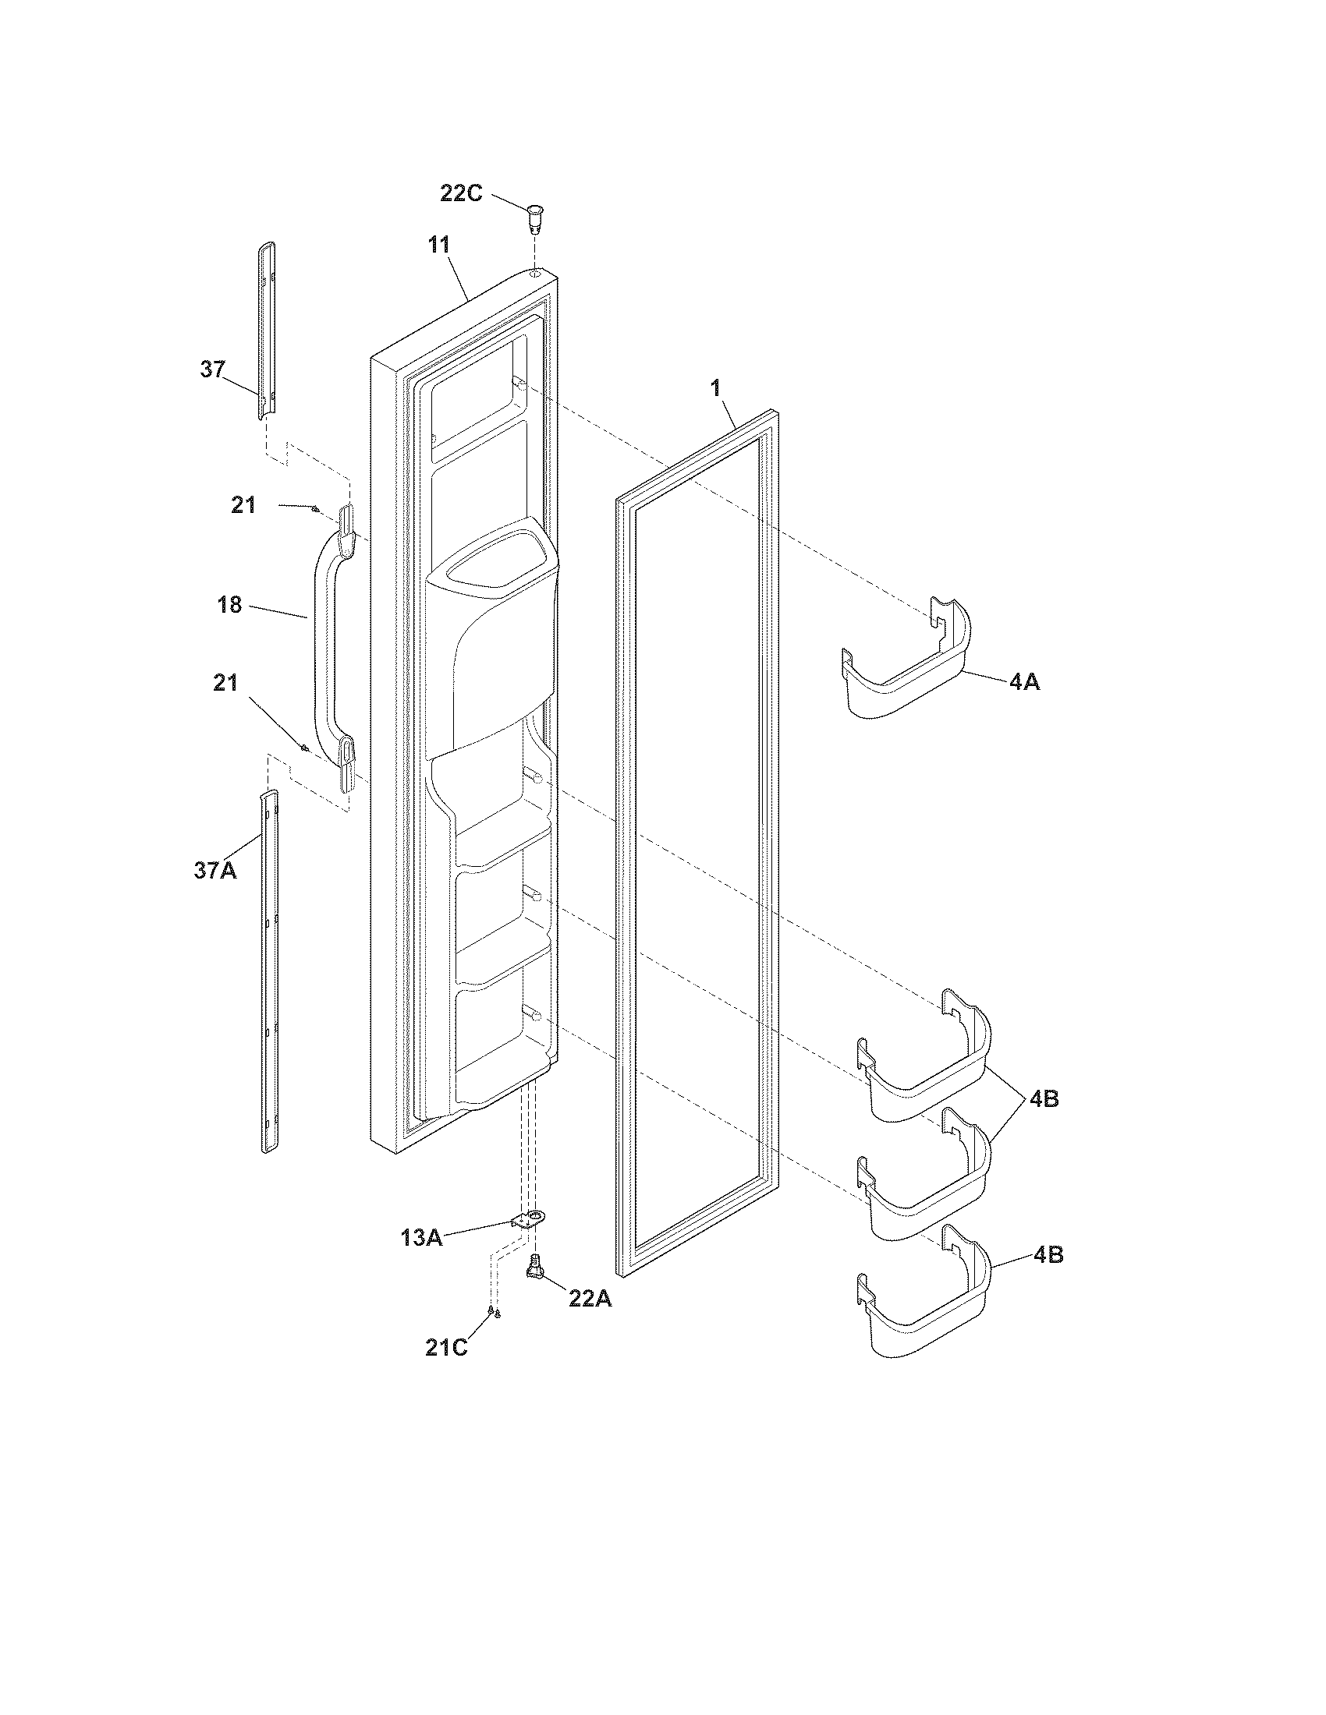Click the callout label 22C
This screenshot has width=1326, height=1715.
pyautogui.click(x=461, y=193)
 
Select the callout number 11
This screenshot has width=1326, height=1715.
pyautogui.click(x=439, y=245)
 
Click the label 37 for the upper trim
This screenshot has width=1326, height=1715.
pyautogui.click(x=212, y=369)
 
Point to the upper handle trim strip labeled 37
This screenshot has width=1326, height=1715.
pyautogui.click(x=268, y=330)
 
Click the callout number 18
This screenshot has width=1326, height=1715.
pyautogui.click(x=229, y=605)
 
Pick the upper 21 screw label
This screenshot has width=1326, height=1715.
pyautogui.click(x=243, y=505)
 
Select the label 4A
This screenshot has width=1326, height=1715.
pyautogui.click(x=1024, y=682)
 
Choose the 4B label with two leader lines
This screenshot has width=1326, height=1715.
pyautogui.click(x=1044, y=1099)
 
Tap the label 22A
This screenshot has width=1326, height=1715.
pyautogui.click(x=590, y=1299)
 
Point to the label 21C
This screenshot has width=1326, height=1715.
pyautogui.click(x=446, y=1348)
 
